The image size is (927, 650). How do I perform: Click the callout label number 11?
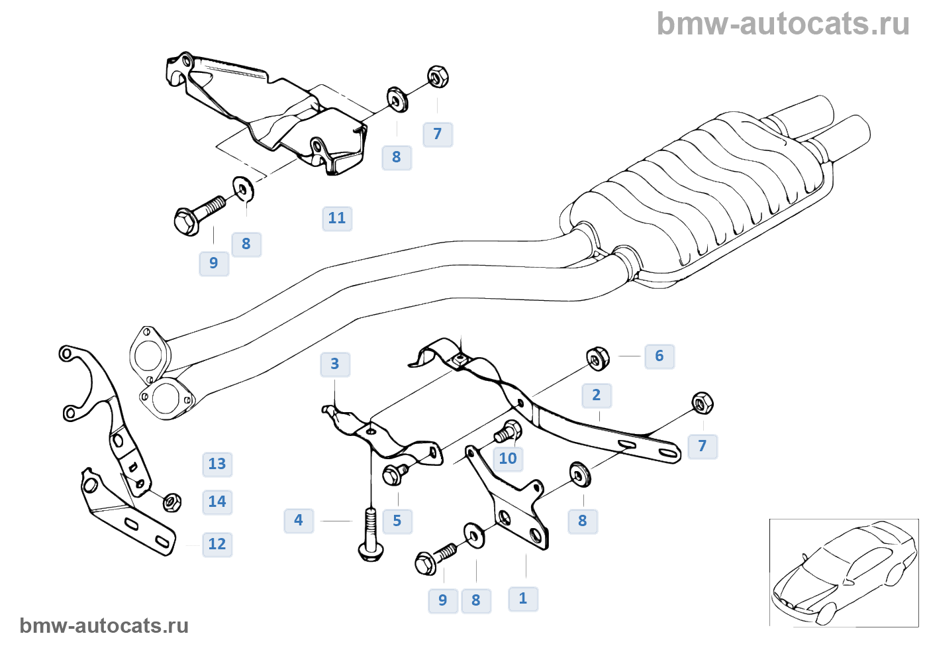coord(337,218)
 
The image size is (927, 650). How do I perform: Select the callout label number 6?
coord(659,356)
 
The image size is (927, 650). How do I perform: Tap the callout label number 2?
coord(597,396)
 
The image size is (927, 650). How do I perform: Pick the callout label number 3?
coord(335,364)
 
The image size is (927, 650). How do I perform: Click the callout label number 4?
coord(299,520)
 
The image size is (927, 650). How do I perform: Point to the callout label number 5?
coord(397,521)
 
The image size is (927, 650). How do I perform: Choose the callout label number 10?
coord(508,459)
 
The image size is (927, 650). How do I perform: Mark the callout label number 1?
coord(523,598)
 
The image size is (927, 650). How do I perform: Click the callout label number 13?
coord(217,464)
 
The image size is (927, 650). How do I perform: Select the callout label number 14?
coord(217,502)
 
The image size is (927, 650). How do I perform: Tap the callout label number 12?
coord(217,544)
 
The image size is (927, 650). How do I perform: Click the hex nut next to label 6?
coord(598,358)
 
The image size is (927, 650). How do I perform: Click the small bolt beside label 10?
coord(509,432)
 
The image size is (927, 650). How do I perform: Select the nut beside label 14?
coord(171,502)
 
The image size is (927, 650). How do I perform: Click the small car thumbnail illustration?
coord(844,572)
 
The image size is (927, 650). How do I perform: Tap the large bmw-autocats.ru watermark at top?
coord(783,24)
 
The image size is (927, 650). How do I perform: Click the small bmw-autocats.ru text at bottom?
coord(104,625)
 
